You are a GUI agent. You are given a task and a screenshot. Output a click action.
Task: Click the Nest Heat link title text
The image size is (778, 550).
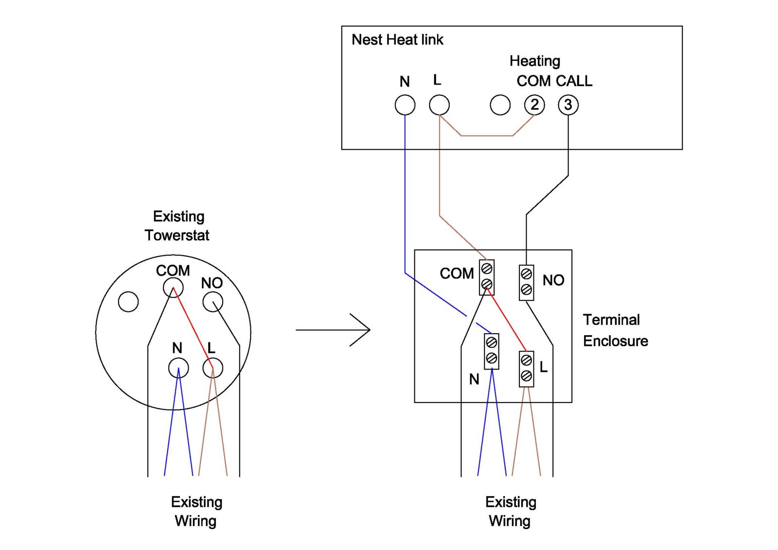(397, 39)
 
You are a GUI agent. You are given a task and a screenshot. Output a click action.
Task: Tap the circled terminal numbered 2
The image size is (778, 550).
(534, 105)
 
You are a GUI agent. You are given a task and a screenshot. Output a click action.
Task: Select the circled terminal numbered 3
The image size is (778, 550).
(568, 105)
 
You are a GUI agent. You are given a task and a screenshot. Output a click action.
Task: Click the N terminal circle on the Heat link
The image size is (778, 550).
(405, 105)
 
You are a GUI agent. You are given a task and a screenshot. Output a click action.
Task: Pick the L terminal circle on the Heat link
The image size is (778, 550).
(439, 105)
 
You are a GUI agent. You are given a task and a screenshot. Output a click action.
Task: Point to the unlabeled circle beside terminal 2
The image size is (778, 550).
(500, 105)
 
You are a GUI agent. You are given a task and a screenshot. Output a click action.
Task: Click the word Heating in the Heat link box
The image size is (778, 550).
(535, 61)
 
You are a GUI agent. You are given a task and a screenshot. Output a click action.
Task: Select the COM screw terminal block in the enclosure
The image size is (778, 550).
(487, 277)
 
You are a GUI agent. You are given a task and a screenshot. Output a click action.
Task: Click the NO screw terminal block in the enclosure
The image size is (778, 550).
(526, 282)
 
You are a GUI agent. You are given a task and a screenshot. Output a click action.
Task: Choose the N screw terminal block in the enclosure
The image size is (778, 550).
(492, 351)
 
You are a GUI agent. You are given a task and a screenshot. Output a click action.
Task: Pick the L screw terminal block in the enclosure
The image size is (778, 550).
(526, 368)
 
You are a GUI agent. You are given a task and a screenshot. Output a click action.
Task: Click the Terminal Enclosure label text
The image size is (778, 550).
(615, 330)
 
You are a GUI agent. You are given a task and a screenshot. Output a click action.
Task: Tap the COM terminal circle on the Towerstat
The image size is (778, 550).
(173, 288)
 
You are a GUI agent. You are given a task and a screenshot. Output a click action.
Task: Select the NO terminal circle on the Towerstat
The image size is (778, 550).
(212, 302)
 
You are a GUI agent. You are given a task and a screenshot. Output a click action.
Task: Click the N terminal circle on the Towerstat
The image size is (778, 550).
(178, 368)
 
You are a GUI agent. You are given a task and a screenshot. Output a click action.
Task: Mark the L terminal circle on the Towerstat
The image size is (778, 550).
(212, 368)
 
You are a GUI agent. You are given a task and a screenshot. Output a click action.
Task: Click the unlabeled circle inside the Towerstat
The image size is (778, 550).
(128, 302)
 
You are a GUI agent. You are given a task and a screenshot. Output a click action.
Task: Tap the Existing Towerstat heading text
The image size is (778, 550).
(178, 226)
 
